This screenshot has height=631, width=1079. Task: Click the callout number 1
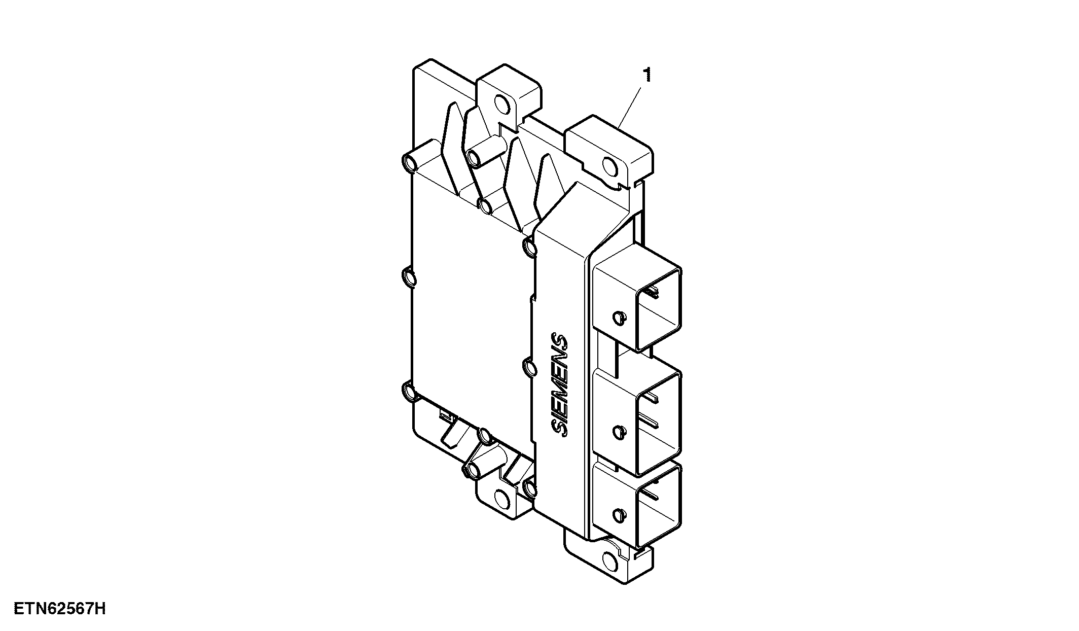(x=646, y=75)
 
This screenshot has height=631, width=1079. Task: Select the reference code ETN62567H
(x=60, y=608)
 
